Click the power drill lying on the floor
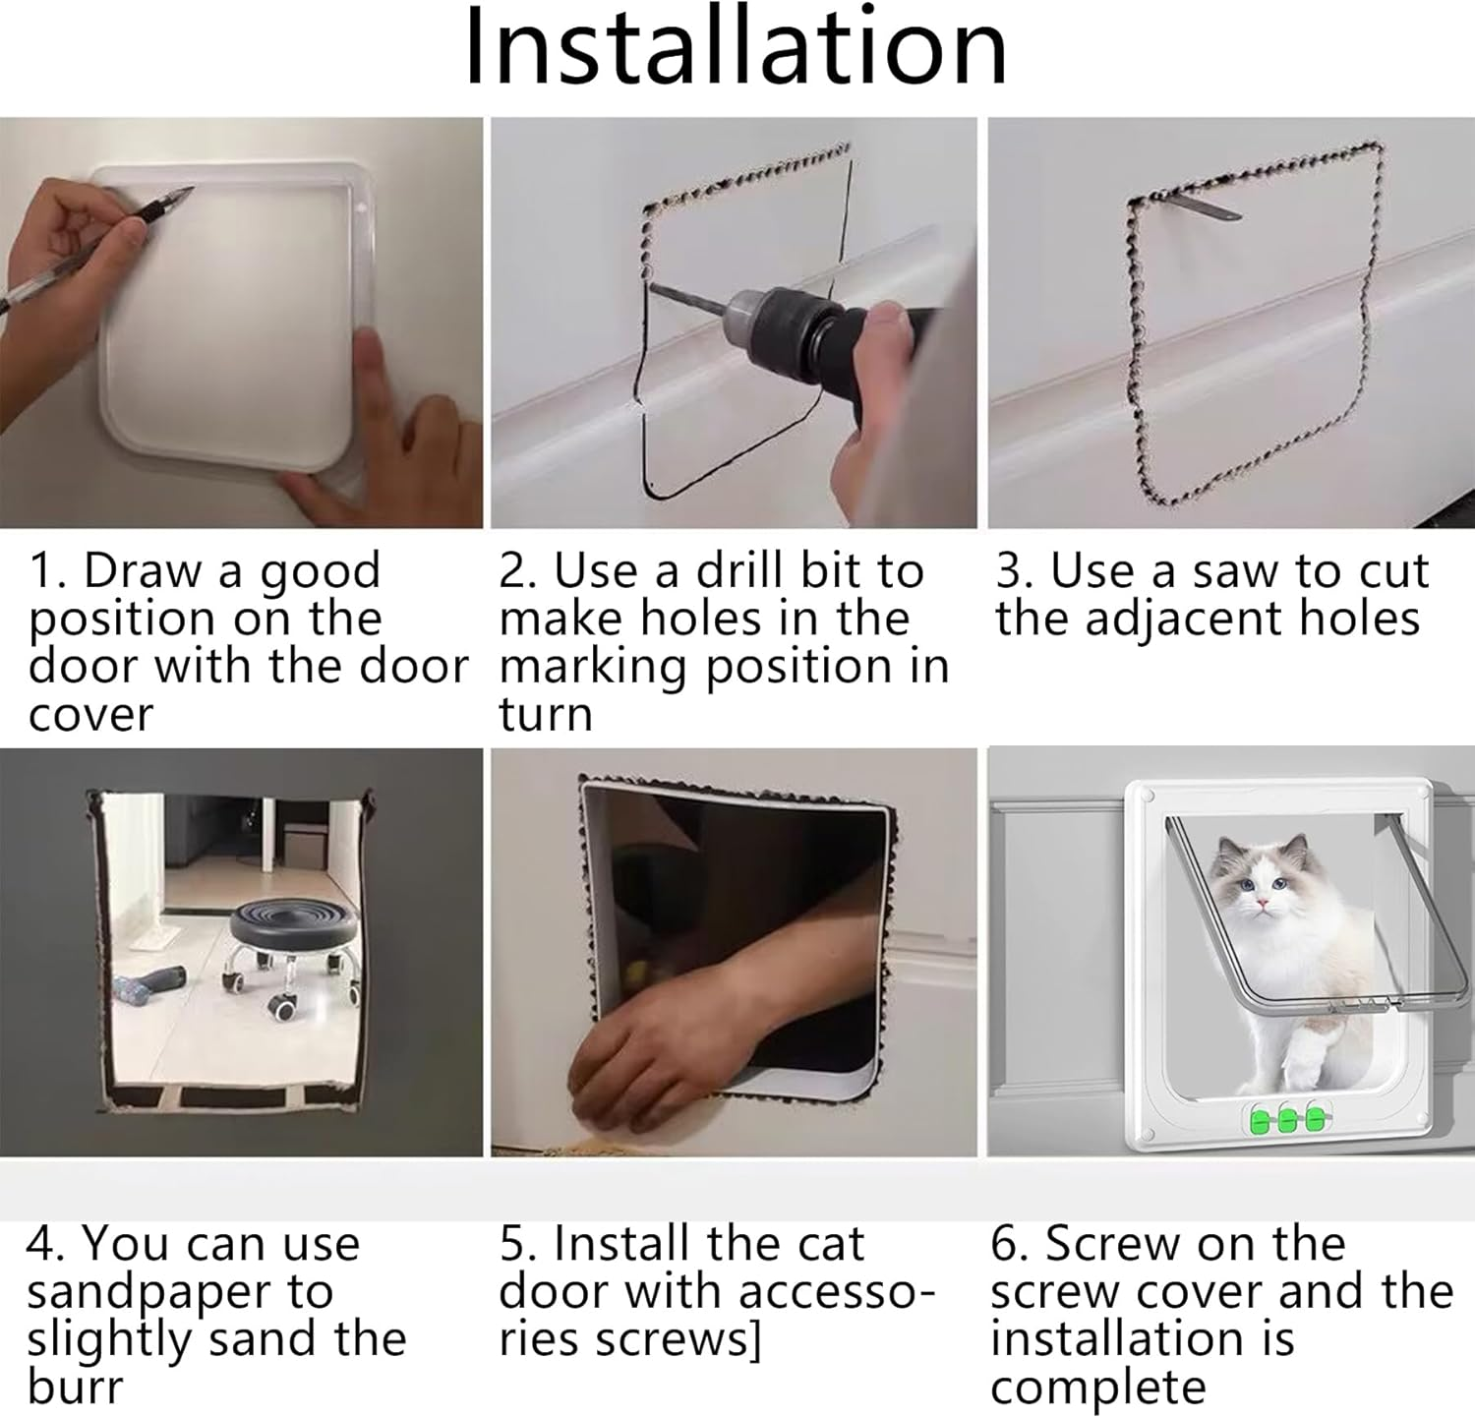click(148, 985)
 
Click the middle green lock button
click(1286, 1119)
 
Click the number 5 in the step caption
click(512, 1245)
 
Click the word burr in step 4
click(75, 1388)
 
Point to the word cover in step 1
click(90, 715)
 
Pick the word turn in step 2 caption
click(545, 715)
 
